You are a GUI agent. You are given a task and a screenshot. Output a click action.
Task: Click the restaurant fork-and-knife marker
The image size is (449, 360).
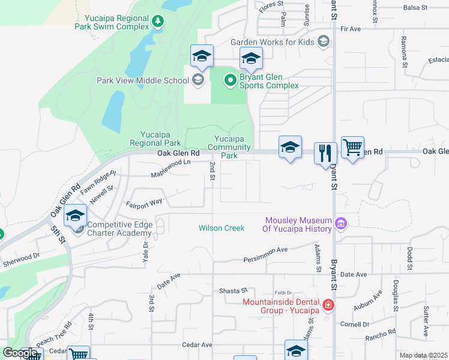(x=325, y=153)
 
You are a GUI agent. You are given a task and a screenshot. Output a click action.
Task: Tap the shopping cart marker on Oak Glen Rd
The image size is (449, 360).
(x=352, y=147)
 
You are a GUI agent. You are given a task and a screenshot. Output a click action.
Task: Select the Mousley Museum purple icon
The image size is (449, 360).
(x=341, y=224)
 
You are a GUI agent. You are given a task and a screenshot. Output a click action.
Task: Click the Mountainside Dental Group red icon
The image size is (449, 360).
(x=328, y=305)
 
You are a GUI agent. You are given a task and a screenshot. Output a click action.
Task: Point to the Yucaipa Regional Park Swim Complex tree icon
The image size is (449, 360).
(x=158, y=22)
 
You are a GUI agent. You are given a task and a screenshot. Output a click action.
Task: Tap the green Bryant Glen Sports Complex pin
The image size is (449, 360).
(x=230, y=80)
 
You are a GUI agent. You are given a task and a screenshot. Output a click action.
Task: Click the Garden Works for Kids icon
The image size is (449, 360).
(x=324, y=41)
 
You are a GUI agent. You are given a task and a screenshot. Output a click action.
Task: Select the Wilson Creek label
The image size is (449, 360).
(x=221, y=228)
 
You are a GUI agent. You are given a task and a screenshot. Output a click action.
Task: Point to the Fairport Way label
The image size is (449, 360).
(x=144, y=203)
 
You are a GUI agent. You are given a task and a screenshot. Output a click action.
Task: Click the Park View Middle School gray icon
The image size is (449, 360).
(x=197, y=80)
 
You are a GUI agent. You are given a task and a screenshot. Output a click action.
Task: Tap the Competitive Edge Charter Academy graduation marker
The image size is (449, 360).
(x=76, y=216)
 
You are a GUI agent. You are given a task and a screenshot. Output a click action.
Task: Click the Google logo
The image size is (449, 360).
(x=20, y=353)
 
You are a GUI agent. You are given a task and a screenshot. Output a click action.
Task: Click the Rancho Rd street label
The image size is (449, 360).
(x=383, y=332)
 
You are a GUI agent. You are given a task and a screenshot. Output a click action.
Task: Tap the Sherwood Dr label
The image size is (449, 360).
(x=21, y=259)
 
